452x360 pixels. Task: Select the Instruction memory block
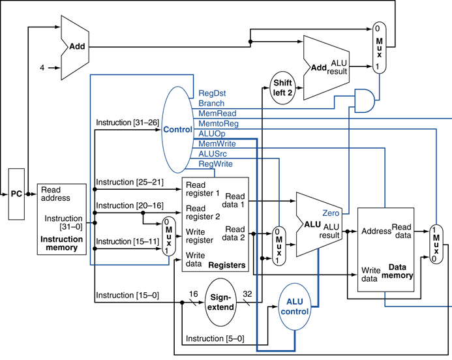coord(62,218)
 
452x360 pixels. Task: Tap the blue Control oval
coord(177,130)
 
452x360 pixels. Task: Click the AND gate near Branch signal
coord(363,99)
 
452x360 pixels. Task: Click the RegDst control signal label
coord(212,93)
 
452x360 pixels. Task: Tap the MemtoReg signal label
coord(218,123)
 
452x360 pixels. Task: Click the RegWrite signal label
coord(215,164)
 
